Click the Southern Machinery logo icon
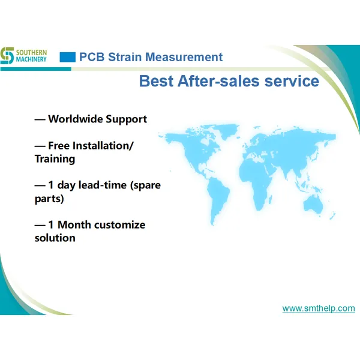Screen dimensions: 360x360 pos(7,55)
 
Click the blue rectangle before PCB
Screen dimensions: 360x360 pos(68,58)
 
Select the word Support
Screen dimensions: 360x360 pos(126,119)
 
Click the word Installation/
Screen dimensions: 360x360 pos(103,146)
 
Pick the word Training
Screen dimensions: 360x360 pos(55,159)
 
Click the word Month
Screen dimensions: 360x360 pos(77,225)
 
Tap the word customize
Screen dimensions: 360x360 pos(122,225)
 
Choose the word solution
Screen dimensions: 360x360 pos(55,238)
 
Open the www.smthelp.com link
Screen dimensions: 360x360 pos(319,308)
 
